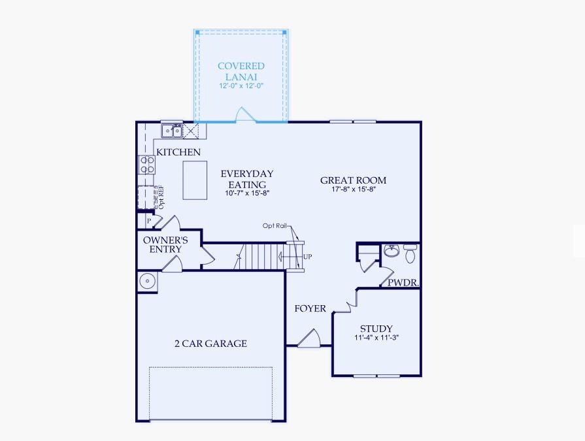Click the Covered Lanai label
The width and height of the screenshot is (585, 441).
241,71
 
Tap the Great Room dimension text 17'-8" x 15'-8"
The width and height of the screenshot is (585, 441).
354,189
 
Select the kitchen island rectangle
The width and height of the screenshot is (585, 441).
195,180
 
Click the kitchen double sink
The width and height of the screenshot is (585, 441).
172,131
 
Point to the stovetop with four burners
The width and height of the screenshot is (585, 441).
147,165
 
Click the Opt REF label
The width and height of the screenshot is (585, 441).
161,197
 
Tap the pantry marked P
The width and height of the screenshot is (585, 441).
149,221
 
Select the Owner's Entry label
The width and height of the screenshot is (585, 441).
165,244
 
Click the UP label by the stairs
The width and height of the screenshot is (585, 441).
307,257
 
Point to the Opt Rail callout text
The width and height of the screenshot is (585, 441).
275,225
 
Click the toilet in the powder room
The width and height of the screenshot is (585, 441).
410,254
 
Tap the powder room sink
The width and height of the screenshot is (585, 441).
392,251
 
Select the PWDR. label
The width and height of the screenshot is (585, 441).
403,283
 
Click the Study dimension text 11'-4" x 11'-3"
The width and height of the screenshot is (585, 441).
376,338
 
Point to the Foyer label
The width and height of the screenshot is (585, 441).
310,308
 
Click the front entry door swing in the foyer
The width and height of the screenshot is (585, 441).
309,338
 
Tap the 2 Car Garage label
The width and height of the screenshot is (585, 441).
210,344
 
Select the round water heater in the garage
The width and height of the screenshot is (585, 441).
148,281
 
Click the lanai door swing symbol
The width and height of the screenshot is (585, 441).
244,114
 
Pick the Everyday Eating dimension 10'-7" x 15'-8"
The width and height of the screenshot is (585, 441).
247,193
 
